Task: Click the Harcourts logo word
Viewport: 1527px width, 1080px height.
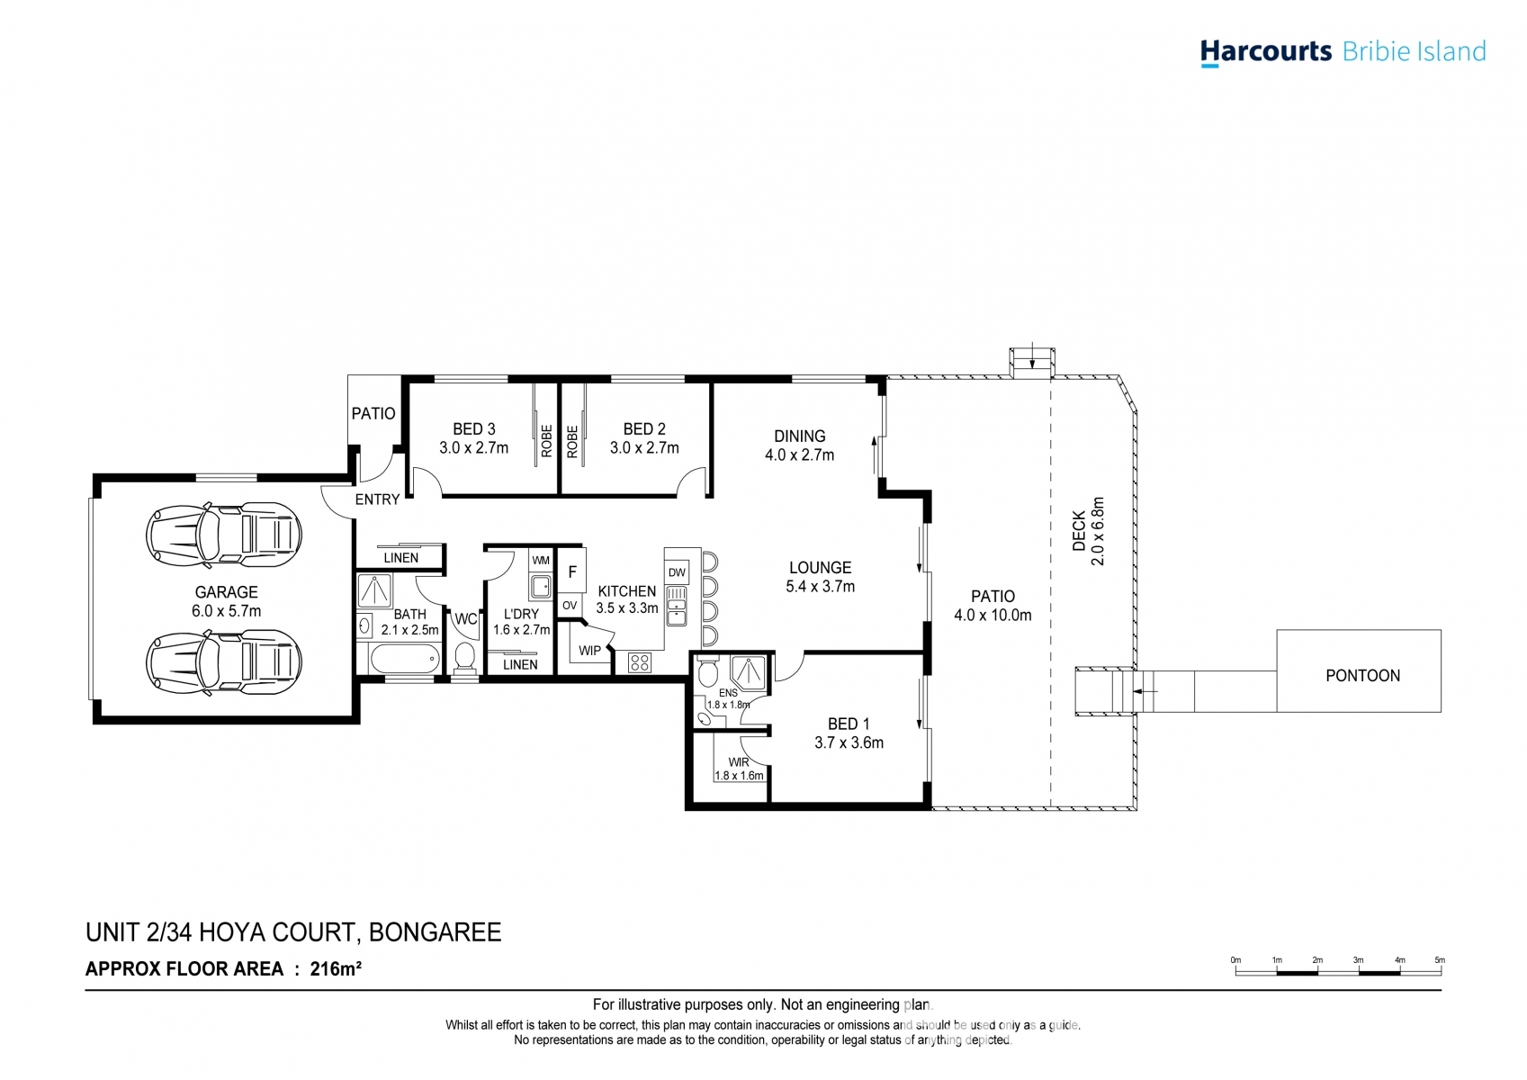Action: click(x=1266, y=52)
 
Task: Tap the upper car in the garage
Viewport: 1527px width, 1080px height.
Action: click(x=223, y=535)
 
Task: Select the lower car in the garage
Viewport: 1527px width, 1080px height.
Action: click(x=223, y=662)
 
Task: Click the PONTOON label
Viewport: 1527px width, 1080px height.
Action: click(x=1362, y=676)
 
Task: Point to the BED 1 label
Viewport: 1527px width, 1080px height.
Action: click(x=848, y=724)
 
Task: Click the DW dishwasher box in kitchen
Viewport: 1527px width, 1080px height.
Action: click(x=677, y=572)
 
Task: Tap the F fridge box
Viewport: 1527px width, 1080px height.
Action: click(x=572, y=571)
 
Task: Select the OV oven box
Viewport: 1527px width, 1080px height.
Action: click(x=570, y=606)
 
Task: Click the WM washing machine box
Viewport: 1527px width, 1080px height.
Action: click(x=541, y=561)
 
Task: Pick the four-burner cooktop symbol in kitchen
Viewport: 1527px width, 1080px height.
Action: click(x=640, y=662)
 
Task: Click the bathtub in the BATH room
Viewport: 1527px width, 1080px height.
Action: click(x=403, y=660)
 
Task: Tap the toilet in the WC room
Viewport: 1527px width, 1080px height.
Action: click(x=465, y=657)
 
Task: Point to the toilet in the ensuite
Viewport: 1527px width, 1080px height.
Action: click(x=708, y=670)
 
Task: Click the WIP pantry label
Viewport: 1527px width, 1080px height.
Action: click(x=589, y=651)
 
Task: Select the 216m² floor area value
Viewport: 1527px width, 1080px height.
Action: click(x=336, y=968)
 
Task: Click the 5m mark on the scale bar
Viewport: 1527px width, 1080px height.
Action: click(x=1440, y=960)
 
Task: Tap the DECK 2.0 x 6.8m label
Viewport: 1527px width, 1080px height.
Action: click(x=1088, y=531)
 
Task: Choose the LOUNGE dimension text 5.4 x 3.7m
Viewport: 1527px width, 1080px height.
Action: click(x=820, y=587)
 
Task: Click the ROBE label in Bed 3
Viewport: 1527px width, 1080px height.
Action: click(x=546, y=441)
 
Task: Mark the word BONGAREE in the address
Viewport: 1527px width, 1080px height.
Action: click(x=435, y=932)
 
